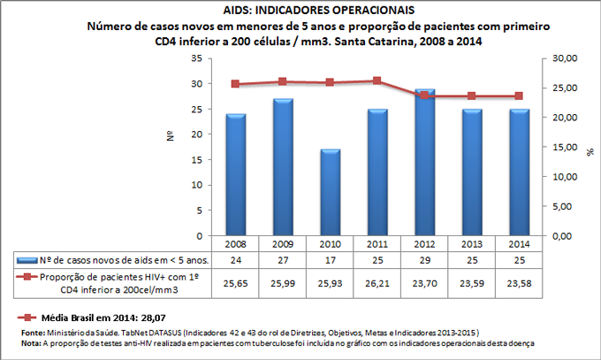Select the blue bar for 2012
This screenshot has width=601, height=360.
pos(425,163)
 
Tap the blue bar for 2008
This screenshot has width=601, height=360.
pos(235,175)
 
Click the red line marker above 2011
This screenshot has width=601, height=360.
pos(377,80)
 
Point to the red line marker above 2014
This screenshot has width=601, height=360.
pos(520,96)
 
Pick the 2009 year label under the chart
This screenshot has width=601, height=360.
pos(282,244)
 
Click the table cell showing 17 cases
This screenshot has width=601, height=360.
pos(330,260)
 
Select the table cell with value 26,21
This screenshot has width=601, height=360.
pos(377,283)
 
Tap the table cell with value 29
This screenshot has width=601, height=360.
pos(425,260)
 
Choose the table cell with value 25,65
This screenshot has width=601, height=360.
pos(235,283)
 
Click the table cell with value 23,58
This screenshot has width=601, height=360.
pos(520,283)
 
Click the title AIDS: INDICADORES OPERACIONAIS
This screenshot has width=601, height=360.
pos(300,11)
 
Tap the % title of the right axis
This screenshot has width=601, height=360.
pos(590,151)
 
